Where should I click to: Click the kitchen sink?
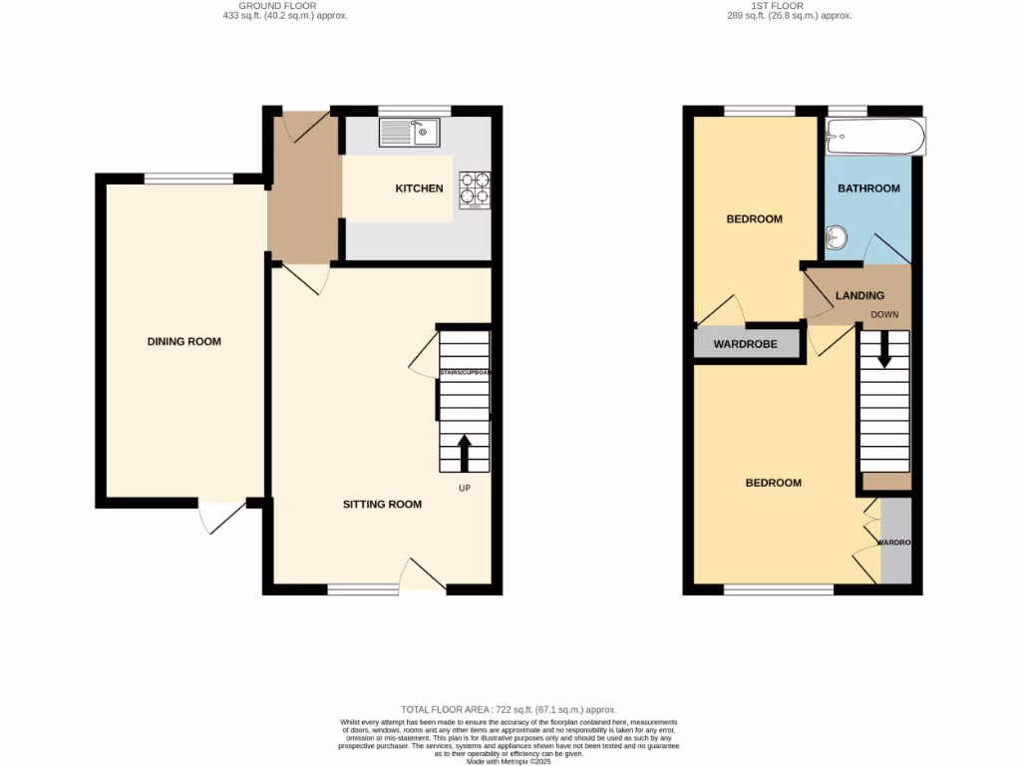409,132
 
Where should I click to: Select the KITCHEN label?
419,189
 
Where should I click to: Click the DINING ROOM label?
183,342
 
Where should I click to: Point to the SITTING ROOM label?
382,505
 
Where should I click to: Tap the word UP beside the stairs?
465,489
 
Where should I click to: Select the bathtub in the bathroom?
874,136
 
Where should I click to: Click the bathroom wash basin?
836,237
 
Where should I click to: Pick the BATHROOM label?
867,189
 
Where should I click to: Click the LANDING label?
858,296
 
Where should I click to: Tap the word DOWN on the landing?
884,314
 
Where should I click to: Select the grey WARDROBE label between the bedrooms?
747,345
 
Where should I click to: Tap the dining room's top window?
189,180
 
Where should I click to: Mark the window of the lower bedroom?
779,590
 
